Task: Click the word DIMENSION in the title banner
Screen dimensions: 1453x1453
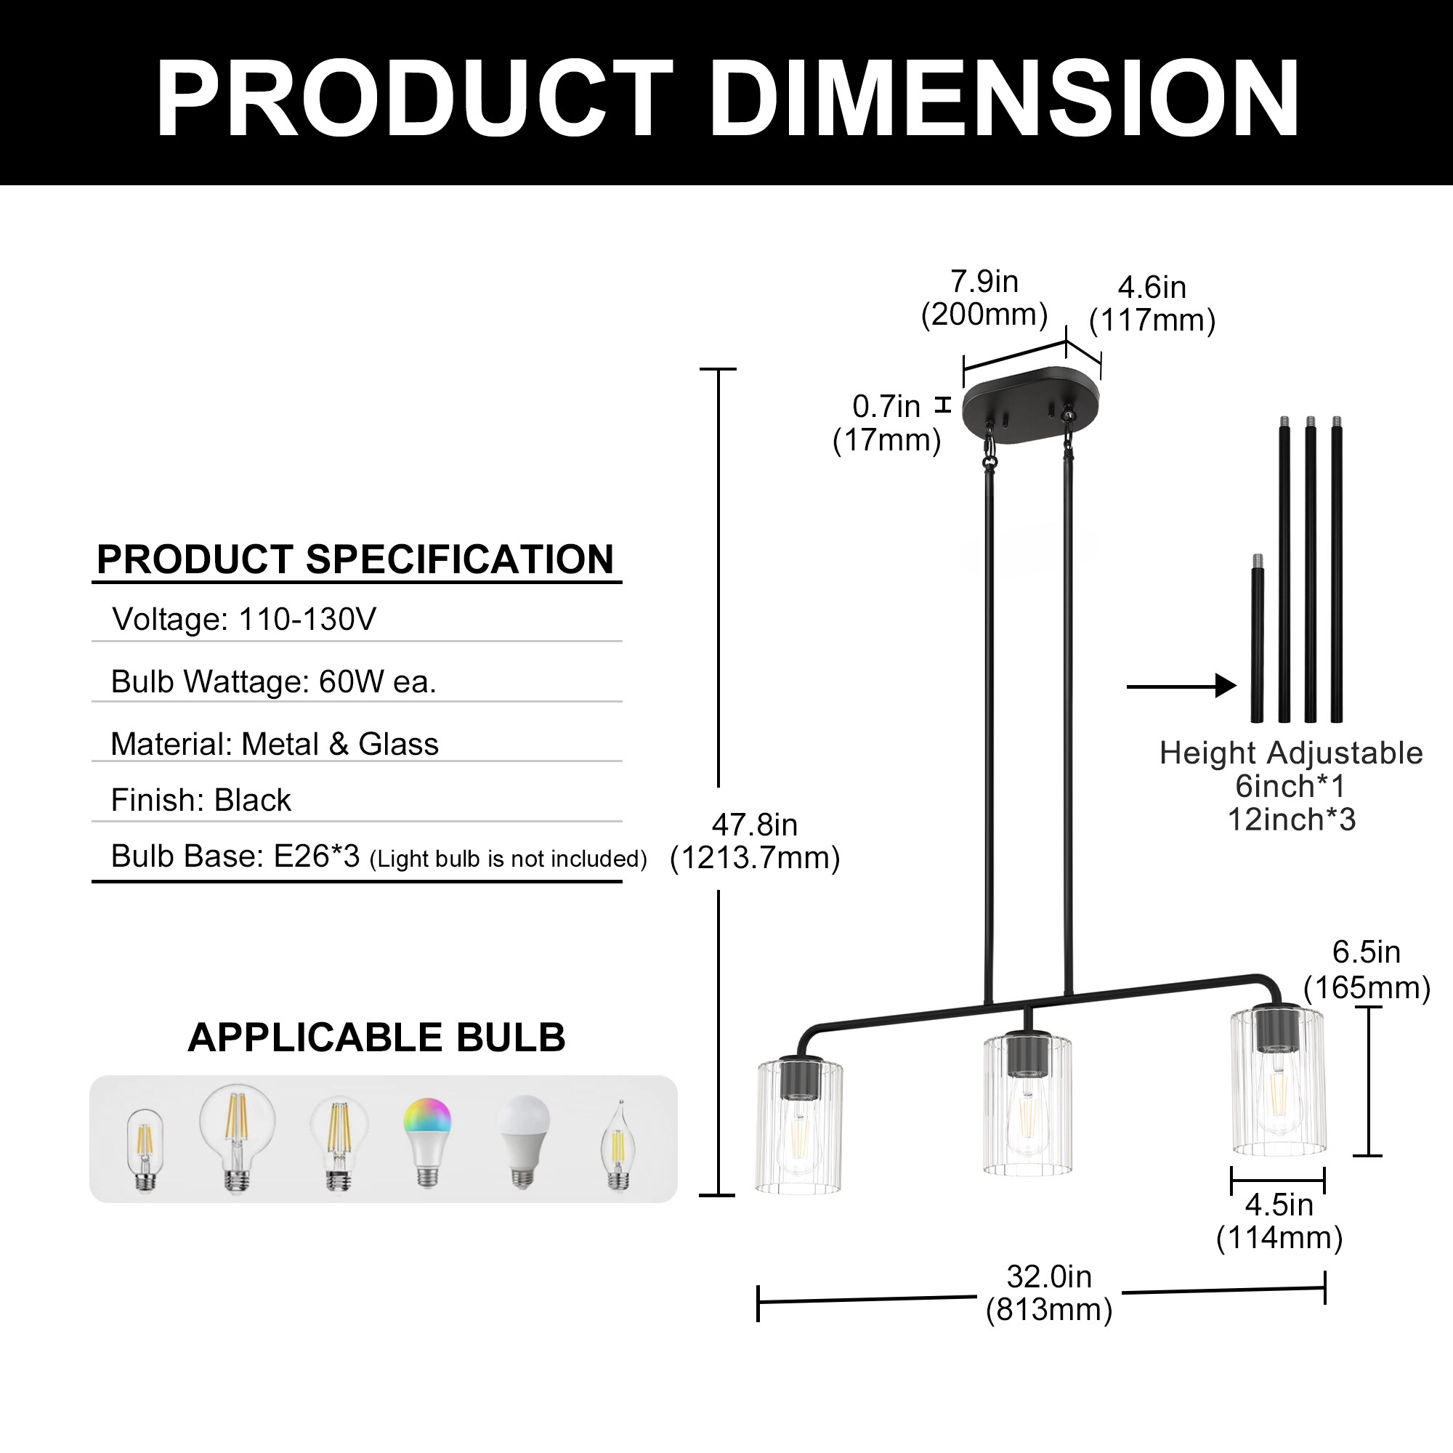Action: click(x=1004, y=99)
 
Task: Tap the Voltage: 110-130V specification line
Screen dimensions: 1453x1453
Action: click(x=243, y=620)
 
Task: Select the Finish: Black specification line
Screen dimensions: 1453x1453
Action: click(x=201, y=800)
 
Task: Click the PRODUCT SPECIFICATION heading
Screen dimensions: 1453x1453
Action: click(x=356, y=559)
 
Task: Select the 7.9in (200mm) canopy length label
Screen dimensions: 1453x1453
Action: click(x=984, y=298)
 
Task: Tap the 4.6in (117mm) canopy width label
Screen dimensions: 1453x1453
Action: click(x=1152, y=304)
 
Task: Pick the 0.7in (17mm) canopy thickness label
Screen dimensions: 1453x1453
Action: click(x=886, y=423)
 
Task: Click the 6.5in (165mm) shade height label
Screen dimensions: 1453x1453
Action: click(x=1366, y=969)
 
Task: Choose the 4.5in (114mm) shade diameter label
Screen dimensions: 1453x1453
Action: click(x=1279, y=1221)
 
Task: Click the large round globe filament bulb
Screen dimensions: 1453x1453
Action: click(x=237, y=1136)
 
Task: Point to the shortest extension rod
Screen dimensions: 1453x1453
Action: click(x=1257, y=647)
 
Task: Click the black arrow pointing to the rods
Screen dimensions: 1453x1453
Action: click(x=1181, y=686)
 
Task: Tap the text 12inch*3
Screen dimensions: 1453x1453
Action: click(x=1291, y=819)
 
